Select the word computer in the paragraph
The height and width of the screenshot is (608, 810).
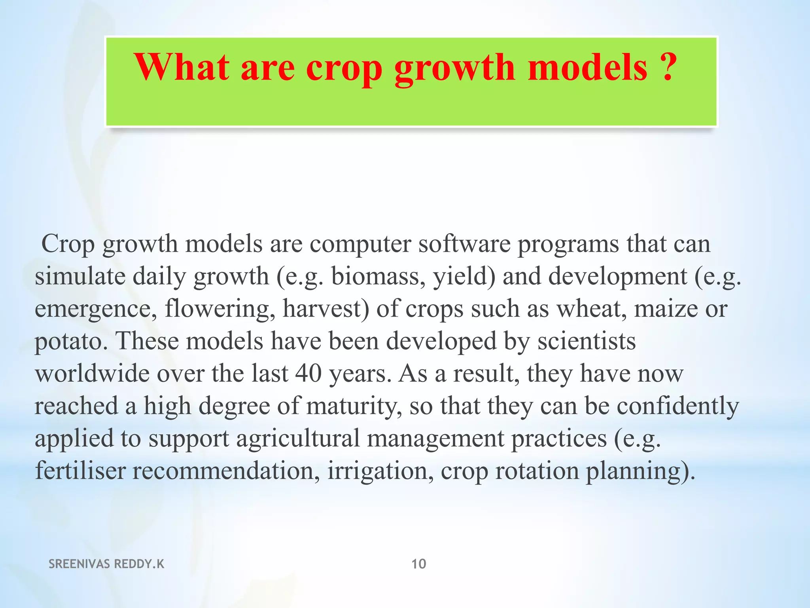[360, 244]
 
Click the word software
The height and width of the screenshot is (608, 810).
[464, 244]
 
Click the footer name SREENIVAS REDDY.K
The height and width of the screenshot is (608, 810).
[106, 564]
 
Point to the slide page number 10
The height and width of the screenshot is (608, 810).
[419, 564]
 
